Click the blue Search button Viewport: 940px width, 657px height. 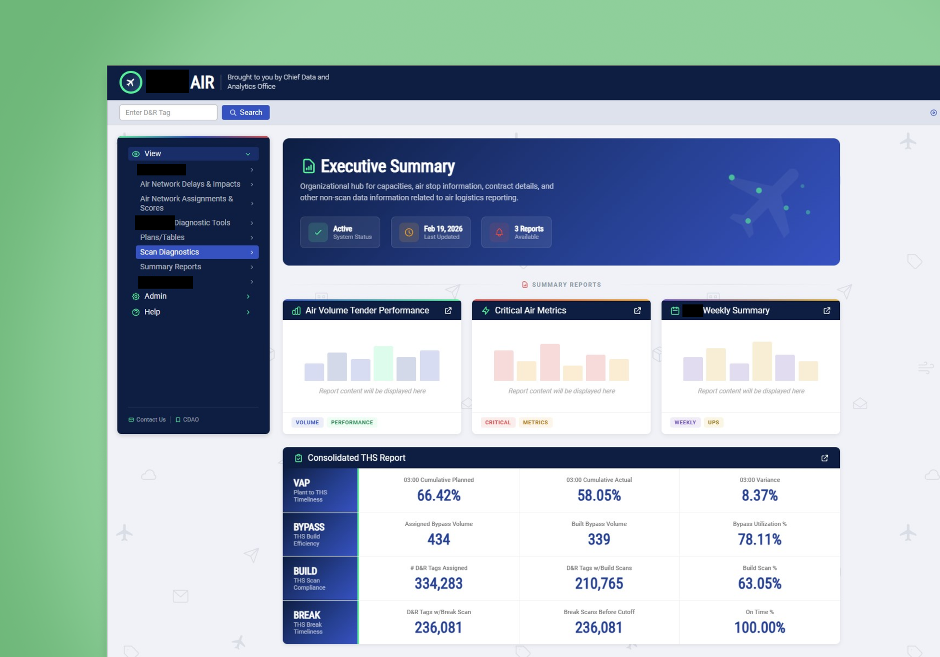point(245,113)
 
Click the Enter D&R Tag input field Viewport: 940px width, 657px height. point(168,113)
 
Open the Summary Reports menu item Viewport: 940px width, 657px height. point(171,267)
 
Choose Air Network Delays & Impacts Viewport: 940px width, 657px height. point(190,184)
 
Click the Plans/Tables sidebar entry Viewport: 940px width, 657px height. point(162,238)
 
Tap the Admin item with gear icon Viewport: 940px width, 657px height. point(155,296)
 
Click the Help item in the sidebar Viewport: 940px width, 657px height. point(152,312)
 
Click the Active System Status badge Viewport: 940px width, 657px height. point(340,232)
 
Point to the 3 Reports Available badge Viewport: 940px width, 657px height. point(516,232)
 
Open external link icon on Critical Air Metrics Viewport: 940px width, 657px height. point(637,311)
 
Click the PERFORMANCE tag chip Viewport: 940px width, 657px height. point(352,423)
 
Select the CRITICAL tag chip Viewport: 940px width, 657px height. point(497,423)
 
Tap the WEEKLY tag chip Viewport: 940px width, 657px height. point(685,423)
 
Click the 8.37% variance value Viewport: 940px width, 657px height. point(759,495)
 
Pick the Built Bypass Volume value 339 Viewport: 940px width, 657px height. point(599,540)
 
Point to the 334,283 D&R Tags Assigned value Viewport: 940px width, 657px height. point(438,584)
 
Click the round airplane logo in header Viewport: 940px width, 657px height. point(131,82)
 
